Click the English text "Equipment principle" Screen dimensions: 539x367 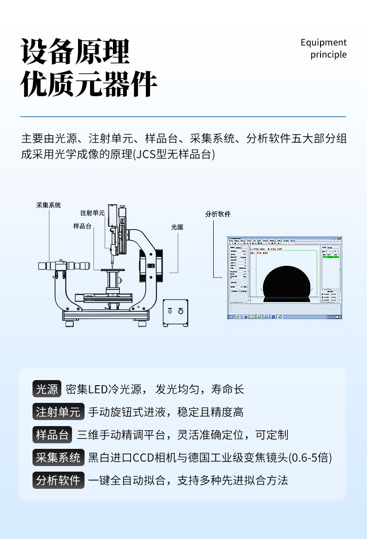pyautogui.click(x=324, y=48)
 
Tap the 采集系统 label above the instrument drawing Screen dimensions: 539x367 pyautogui.click(x=48, y=205)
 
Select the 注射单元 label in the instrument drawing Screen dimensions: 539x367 pyautogui.click(x=92, y=213)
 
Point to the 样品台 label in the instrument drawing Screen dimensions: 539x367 pyautogui.click(x=82, y=226)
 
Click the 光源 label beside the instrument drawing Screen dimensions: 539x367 pyautogui.click(x=177, y=227)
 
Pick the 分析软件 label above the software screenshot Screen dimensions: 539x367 pyautogui.click(x=217, y=214)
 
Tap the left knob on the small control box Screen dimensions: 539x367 pyautogui.click(x=170, y=310)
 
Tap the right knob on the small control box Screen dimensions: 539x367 pyautogui.click(x=180, y=310)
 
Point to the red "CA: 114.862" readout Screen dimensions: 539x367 pyautogui.click(x=259, y=253)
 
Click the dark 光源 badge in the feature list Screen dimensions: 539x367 pyautogui.click(x=47, y=389)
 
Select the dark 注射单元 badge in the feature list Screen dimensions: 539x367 pyautogui.click(x=58, y=412)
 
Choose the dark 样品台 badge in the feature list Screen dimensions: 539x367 pyautogui.click(x=52, y=434)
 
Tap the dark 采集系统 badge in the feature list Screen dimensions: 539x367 pyautogui.click(x=58, y=457)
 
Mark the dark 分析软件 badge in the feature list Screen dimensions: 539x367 pyautogui.click(x=58, y=480)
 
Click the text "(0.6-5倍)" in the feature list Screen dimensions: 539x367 pyautogui.click(x=310, y=458)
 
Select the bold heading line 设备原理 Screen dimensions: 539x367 pyautogui.click(x=75, y=52)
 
